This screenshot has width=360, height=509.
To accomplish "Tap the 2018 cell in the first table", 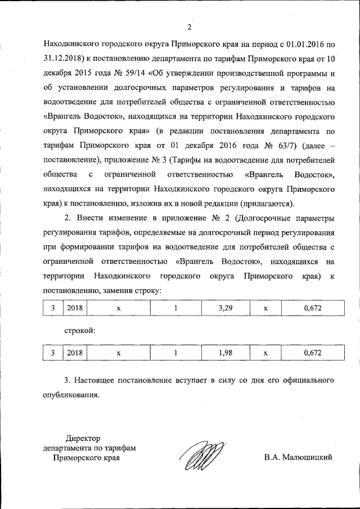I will click(74, 309).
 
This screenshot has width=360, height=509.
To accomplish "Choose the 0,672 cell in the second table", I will click(312, 353).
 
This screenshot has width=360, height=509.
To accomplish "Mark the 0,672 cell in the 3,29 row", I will click(312, 309).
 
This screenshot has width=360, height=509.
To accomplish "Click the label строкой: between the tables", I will click(79, 331).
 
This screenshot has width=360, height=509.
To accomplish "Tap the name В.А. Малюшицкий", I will click(298, 457).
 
